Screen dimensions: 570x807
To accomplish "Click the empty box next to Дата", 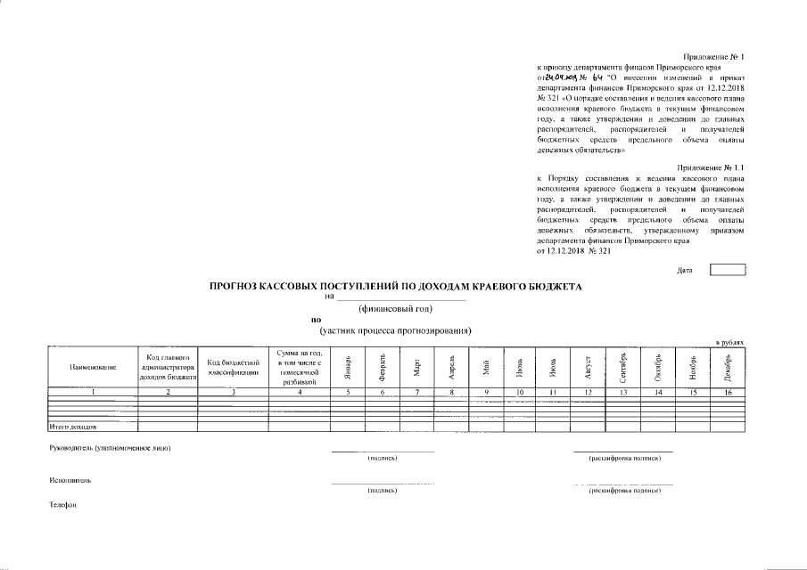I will tap(727, 269).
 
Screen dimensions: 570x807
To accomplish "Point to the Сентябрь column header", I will tap(623, 366).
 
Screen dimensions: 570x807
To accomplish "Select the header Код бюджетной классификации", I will tap(233, 367).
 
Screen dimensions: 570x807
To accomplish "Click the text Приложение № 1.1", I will tap(710, 167).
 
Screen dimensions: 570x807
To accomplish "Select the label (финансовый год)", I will tap(395, 309).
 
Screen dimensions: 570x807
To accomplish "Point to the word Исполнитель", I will tap(71, 480).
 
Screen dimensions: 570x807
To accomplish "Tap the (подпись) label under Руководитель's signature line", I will tap(382, 458).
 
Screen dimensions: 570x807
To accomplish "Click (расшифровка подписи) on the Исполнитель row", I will tap(624, 490).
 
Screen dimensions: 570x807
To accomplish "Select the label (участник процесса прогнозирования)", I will tap(395, 331).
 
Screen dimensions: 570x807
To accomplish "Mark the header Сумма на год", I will tap(300, 367).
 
